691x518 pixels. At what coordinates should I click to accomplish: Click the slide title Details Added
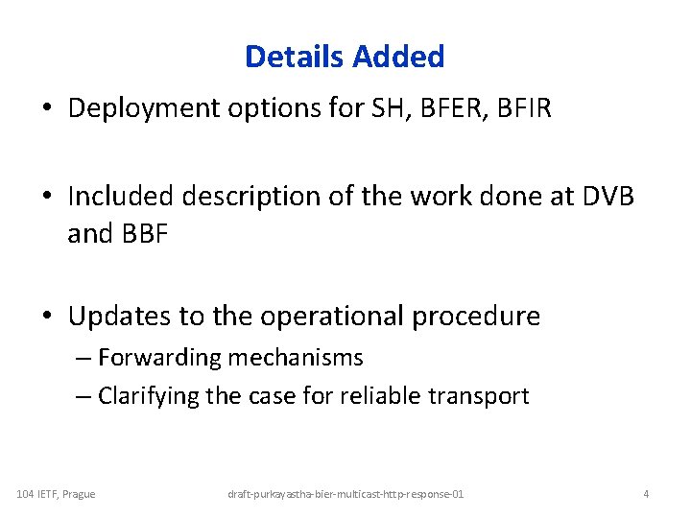pyautogui.click(x=345, y=57)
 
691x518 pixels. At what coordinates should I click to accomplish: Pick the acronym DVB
pyautogui.click(x=608, y=198)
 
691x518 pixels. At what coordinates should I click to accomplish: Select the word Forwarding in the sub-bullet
pyautogui.click(x=159, y=358)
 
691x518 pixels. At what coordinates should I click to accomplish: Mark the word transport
pyautogui.click(x=481, y=395)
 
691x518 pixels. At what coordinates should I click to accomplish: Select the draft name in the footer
pyautogui.click(x=345, y=493)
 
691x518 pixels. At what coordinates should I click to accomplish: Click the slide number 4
pyautogui.click(x=646, y=493)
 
